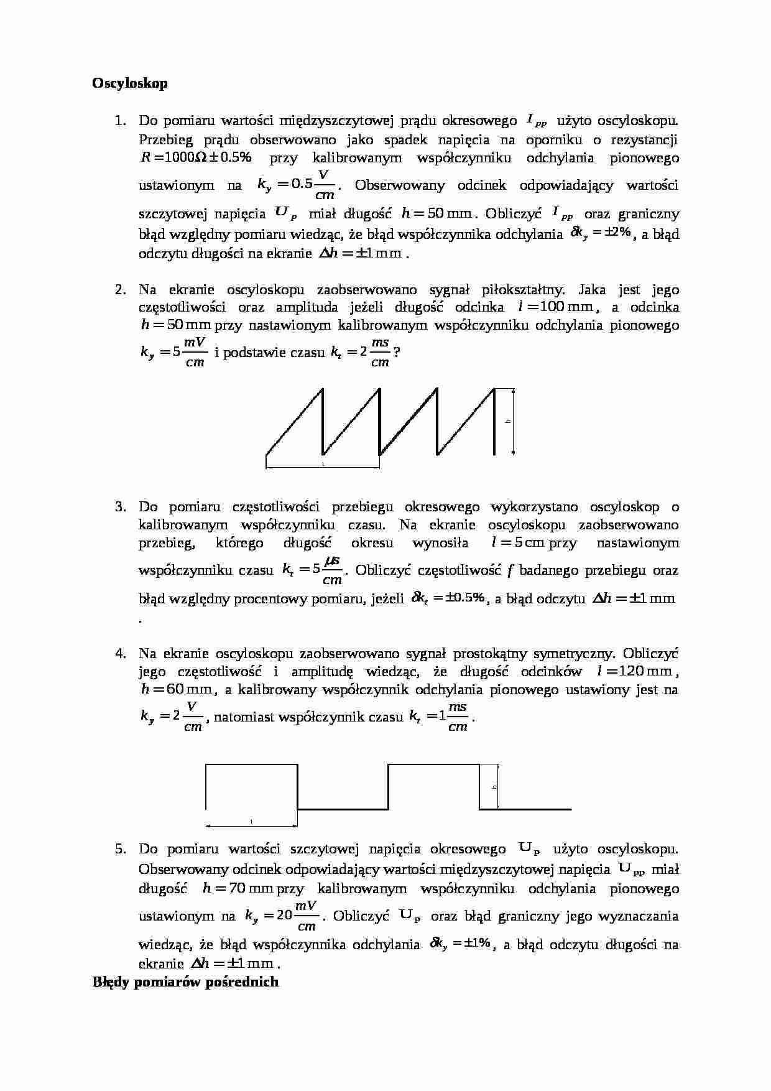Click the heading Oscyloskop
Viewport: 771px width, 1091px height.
tap(130, 83)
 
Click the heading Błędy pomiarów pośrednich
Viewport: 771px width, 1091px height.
tap(185, 982)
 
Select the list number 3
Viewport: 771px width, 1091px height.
tap(120, 507)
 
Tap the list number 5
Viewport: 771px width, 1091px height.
tap(120, 849)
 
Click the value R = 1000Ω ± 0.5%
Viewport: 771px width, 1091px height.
tap(196, 158)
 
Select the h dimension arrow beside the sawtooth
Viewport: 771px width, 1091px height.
tap(514, 422)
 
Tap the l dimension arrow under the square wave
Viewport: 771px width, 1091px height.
tap(251, 825)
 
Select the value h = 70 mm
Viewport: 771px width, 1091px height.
tap(238, 888)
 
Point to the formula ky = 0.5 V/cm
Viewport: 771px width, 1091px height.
tap(296, 185)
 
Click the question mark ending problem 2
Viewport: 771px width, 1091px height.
tap(397, 353)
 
